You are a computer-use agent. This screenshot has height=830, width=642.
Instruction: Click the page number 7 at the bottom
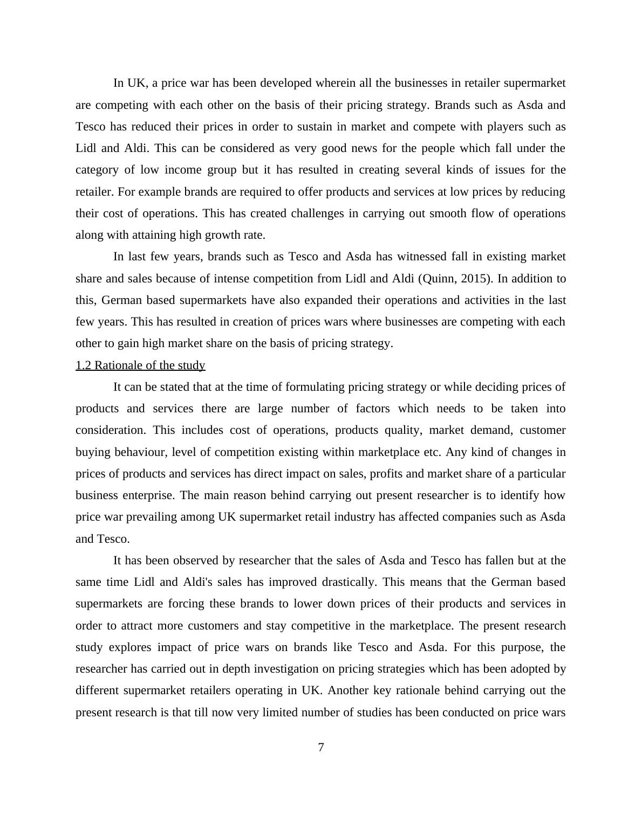pos(321,748)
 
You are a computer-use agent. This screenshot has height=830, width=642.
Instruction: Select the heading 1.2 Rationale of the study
pos(140,365)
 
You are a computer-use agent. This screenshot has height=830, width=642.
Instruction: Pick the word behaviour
pos(139,452)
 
